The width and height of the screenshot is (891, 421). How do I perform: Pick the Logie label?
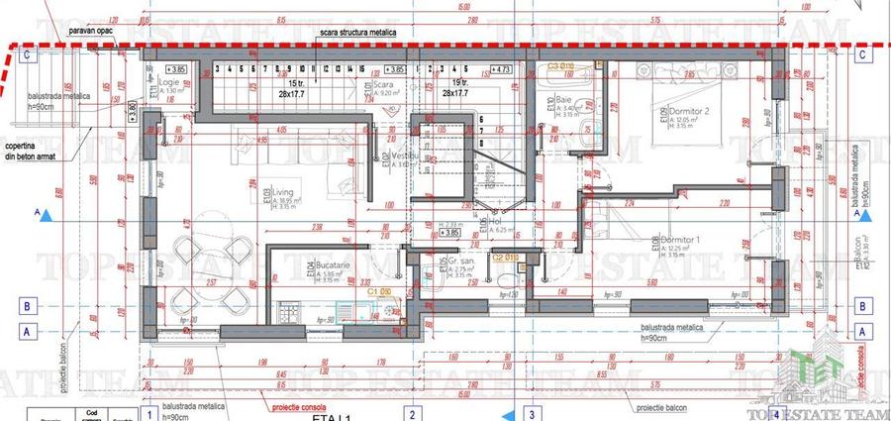(168, 83)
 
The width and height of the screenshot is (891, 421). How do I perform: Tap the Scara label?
(385, 85)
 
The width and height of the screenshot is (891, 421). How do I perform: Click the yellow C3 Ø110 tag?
(560, 65)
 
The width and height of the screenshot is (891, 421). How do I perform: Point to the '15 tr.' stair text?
(298, 83)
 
